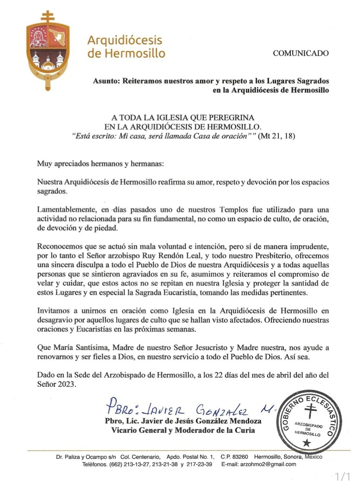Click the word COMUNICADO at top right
point(301,53)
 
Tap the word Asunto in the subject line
point(106,81)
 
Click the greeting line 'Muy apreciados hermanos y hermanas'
point(100,163)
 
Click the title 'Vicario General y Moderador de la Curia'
point(183,430)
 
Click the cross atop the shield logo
point(48,17)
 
